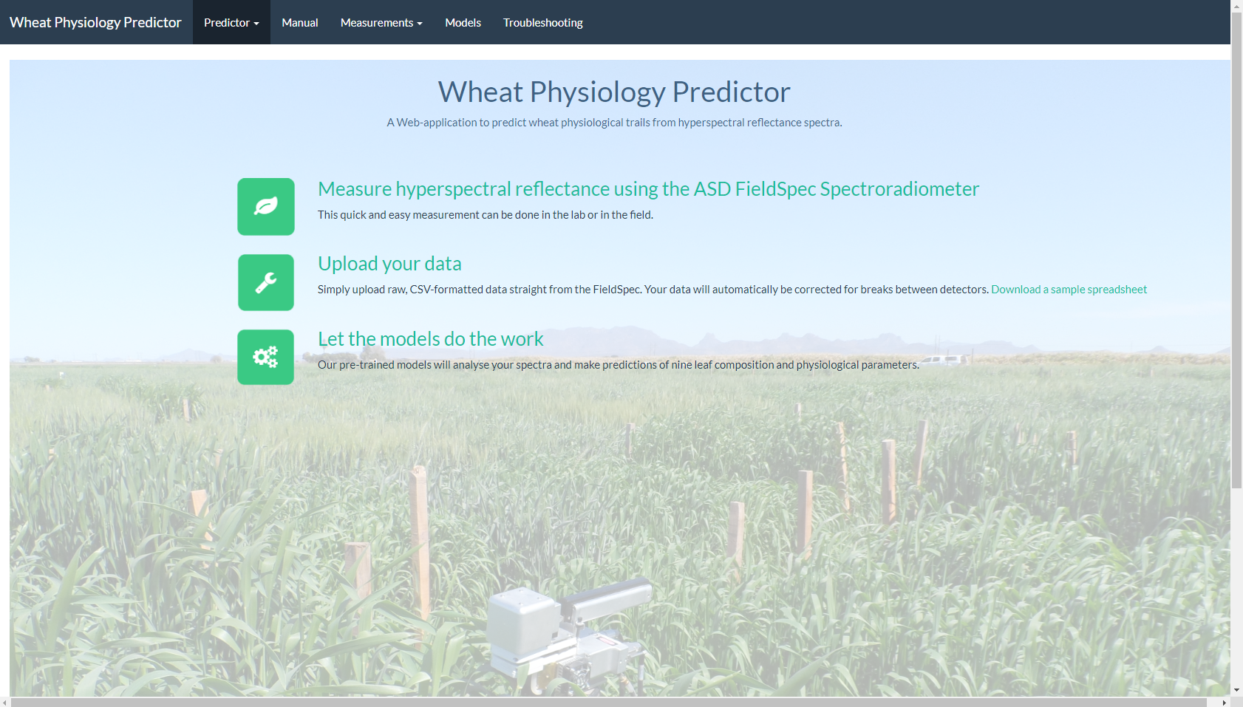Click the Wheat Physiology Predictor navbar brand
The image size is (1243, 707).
95,22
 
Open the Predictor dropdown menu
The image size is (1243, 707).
231,22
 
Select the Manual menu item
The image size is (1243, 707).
299,22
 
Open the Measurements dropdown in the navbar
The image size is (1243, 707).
381,22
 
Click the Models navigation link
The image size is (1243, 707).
463,22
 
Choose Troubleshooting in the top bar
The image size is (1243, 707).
542,22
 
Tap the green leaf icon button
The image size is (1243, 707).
266,206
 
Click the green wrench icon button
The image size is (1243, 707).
266,282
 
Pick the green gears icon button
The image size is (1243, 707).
266,357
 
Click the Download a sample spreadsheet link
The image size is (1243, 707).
1069,289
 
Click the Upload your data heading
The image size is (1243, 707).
389,264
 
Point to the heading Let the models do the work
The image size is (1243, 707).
431,338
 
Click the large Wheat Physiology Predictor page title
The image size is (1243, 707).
614,92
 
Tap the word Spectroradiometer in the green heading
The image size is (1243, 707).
899,188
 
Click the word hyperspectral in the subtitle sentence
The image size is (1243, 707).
711,122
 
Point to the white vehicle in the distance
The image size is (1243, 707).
944,360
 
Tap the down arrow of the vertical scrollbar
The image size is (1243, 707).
1237,690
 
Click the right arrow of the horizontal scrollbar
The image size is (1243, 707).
1224,702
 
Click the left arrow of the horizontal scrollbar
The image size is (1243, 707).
5,702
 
